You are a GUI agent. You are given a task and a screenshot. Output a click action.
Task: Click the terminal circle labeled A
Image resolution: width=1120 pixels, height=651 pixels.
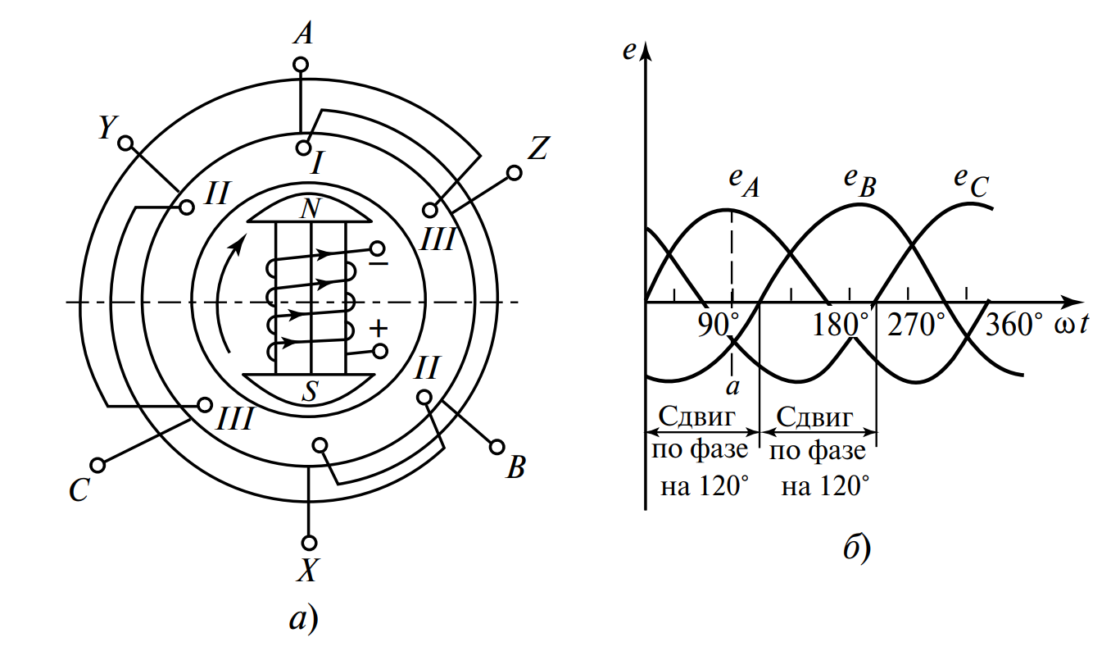tap(301, 65)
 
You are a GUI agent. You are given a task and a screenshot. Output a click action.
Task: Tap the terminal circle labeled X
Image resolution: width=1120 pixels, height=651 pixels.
tap(310, 543)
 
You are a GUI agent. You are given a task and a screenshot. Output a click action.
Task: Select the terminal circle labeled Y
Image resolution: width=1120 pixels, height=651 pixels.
tap(125, 143)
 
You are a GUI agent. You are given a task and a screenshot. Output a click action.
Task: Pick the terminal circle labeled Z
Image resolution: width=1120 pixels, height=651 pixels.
tap(514, 173)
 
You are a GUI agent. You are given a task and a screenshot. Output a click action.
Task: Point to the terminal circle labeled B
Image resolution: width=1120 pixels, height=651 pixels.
tap(497, 447)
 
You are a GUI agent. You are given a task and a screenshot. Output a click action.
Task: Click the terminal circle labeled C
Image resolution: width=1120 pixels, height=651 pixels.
tap(98, 466)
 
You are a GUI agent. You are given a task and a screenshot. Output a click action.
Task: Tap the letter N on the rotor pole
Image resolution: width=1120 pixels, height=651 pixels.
tap(311, 208)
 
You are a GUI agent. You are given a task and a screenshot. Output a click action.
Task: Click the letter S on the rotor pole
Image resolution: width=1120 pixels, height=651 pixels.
tap(310, 391)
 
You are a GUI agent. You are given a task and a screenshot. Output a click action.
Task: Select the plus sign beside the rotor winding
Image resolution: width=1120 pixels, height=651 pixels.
tap(379, 328)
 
